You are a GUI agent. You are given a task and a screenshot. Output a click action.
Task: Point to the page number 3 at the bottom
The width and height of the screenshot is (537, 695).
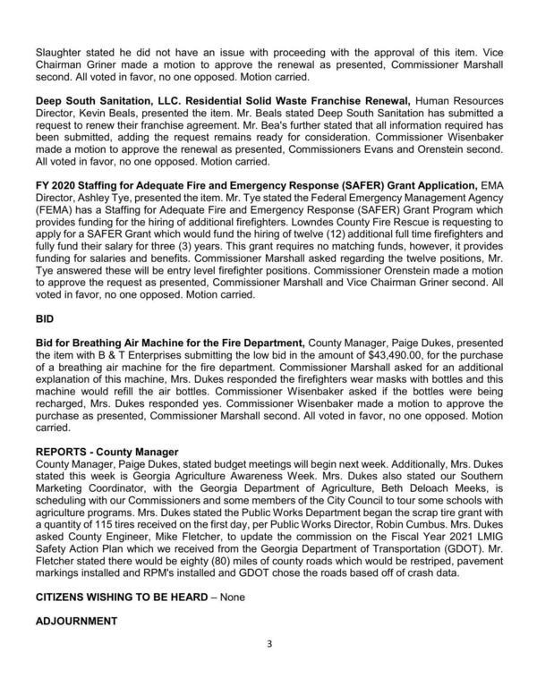coord(268,667)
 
